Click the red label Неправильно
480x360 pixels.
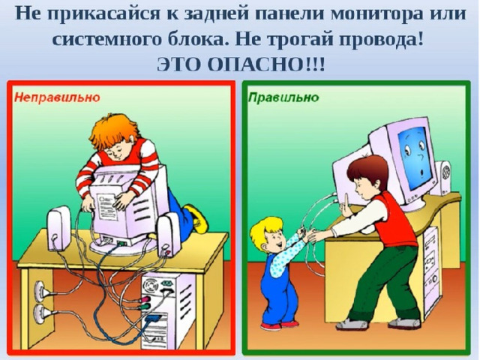tap(58, 97)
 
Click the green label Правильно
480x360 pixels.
tap(283, 97)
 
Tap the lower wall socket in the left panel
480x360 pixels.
tap(40, 313)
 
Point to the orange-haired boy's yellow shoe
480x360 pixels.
tap(196, 218)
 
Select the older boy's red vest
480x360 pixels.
tap(395, 220)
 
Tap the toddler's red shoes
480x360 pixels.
tap(279, 325)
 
